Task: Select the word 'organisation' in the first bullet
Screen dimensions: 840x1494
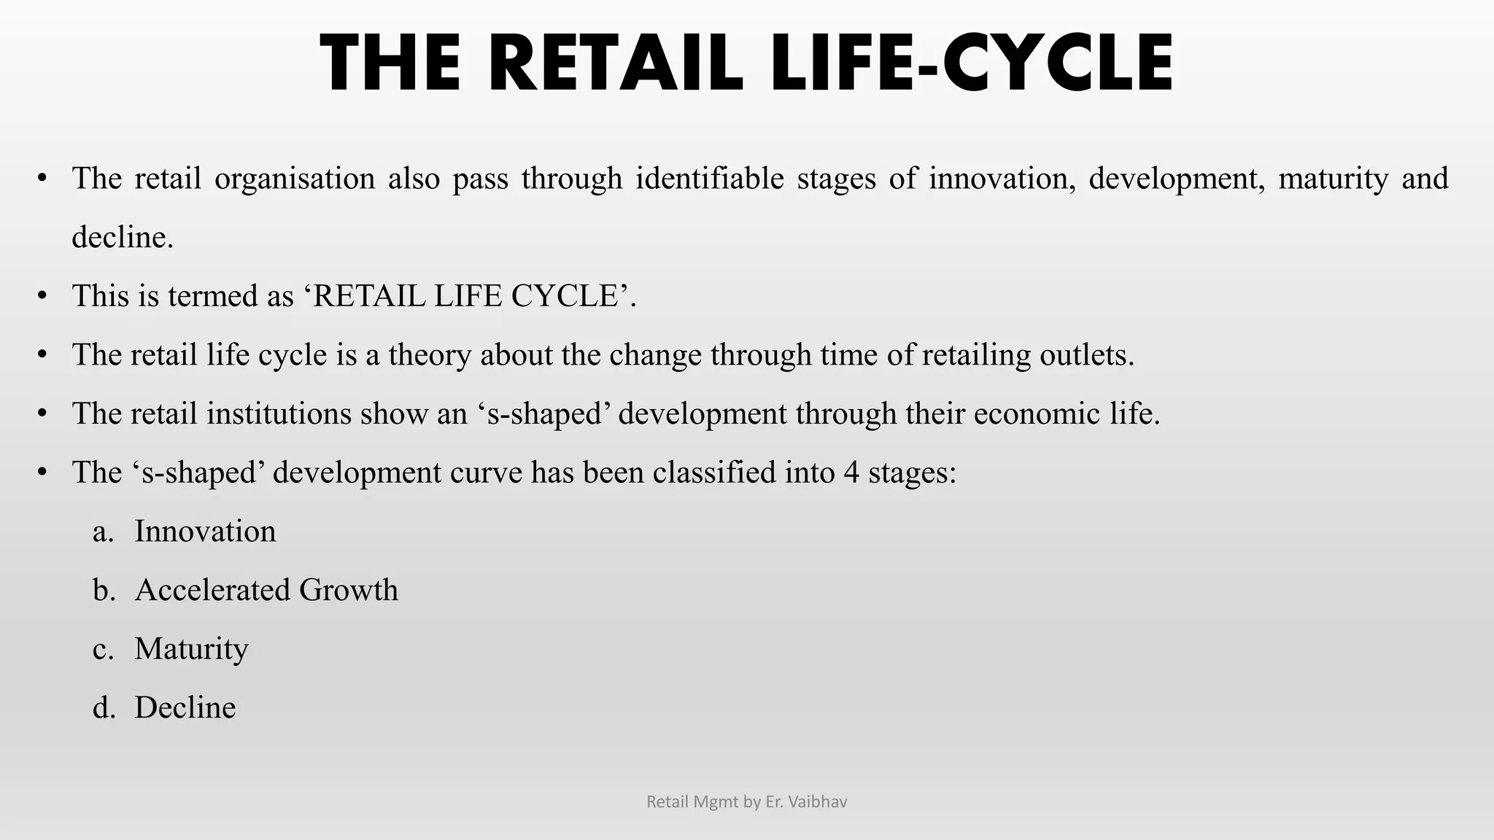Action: click(x=294, y=179)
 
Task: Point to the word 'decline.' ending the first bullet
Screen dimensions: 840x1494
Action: click(x=123, y=238)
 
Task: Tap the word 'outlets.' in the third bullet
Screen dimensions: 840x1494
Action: click(x=1087, y=356)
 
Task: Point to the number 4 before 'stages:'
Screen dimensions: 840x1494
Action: click(x=851, y=473)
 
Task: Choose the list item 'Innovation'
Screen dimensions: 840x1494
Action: click(x=205, y=532)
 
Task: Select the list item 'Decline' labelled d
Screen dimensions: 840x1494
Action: click(x=185, y=708)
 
